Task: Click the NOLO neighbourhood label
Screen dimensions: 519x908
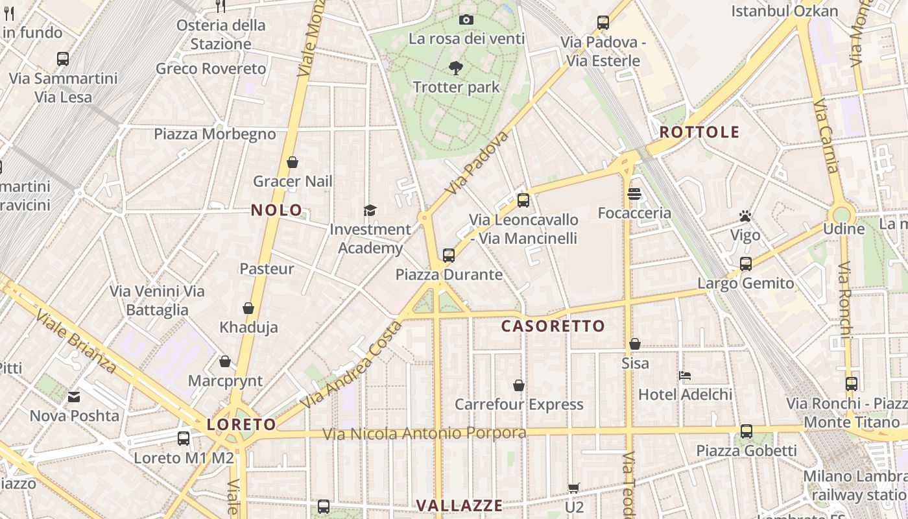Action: point(277,210)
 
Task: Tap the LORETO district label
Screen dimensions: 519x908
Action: point(241,425)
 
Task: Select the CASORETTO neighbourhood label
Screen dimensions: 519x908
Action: point(553,326)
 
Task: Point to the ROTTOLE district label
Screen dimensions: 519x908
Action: point(699,132)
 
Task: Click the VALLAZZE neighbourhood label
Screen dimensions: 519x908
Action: point(459,505)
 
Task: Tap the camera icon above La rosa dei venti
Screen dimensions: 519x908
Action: point(466,20)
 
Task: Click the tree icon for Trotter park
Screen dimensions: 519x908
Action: point(456,67)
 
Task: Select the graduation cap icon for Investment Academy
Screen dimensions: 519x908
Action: point(370,210)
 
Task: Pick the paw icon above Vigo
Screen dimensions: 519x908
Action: point(745,216)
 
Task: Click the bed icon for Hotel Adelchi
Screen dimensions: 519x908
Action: point(685,375)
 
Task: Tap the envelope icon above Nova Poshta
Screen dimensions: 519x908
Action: point(74,396)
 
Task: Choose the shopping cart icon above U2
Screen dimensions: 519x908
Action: point(574,488)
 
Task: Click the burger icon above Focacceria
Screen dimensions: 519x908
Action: point(634,194)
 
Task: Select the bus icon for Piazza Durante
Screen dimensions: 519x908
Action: point(449,256)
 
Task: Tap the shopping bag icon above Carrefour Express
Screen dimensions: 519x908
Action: point(519,385)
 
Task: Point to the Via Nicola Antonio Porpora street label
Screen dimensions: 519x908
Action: point(425,433)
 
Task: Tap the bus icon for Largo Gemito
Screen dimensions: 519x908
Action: point(746,264)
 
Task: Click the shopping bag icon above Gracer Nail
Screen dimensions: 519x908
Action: point(293,162)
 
